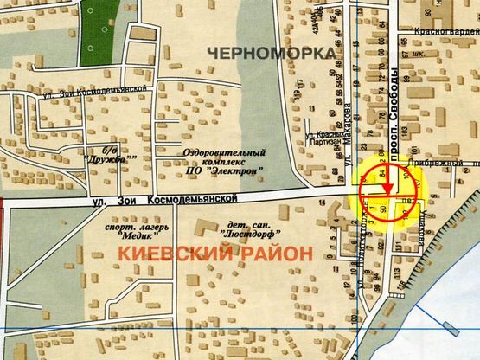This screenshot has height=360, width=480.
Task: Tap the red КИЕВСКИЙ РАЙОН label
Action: [213, 254]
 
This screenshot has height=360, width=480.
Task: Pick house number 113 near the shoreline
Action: [397, 275]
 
